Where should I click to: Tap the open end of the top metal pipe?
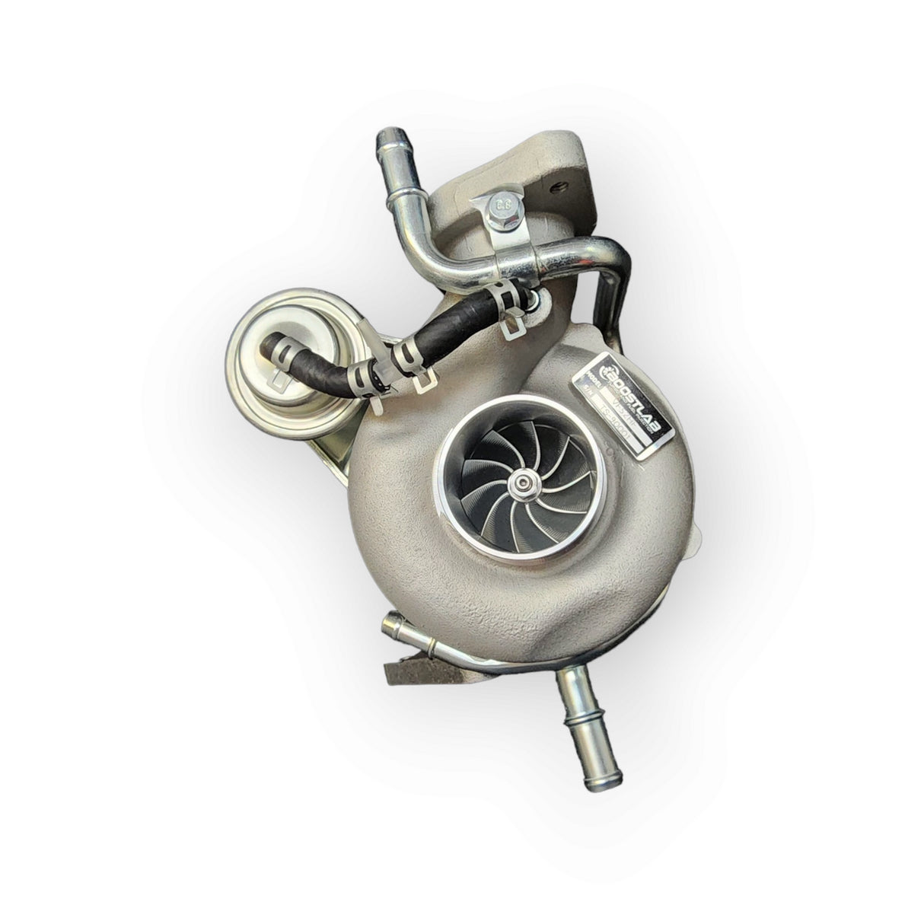pos(388,140)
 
